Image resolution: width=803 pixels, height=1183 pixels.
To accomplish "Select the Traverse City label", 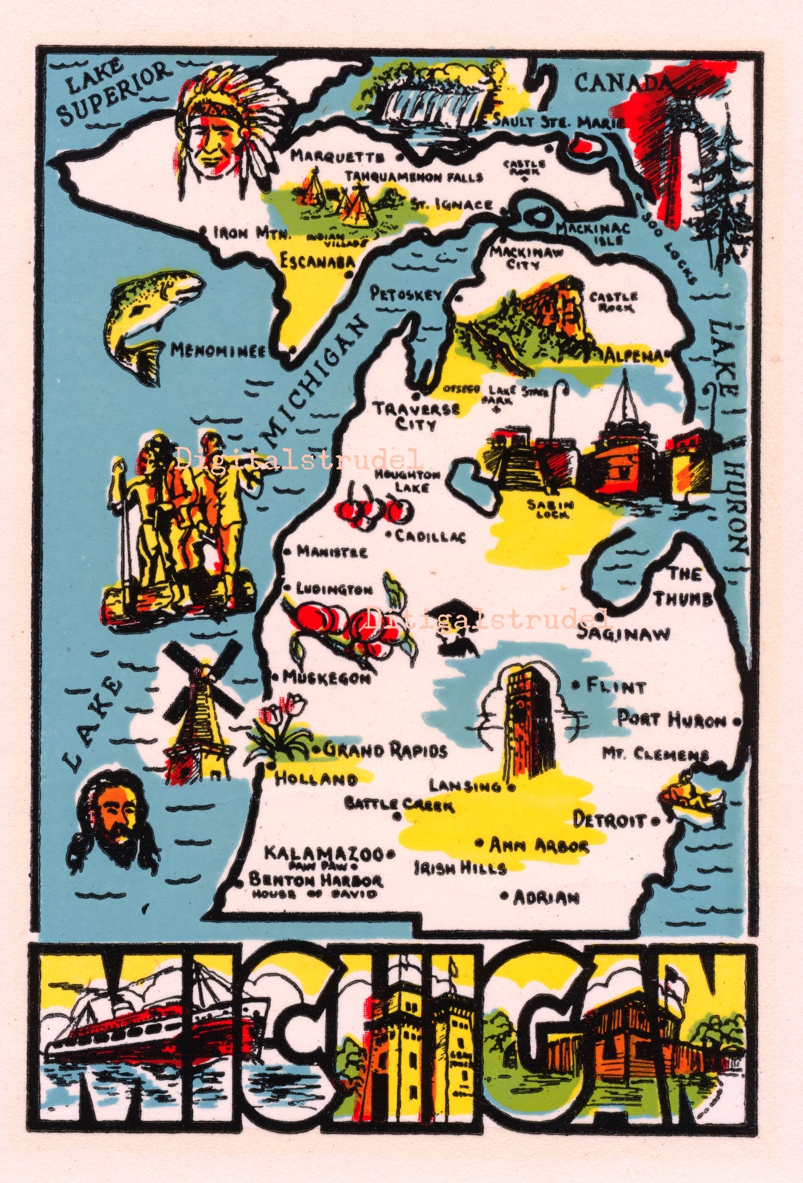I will click(416, 417).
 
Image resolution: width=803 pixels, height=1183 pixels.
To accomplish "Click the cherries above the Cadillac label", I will click(375, 509).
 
